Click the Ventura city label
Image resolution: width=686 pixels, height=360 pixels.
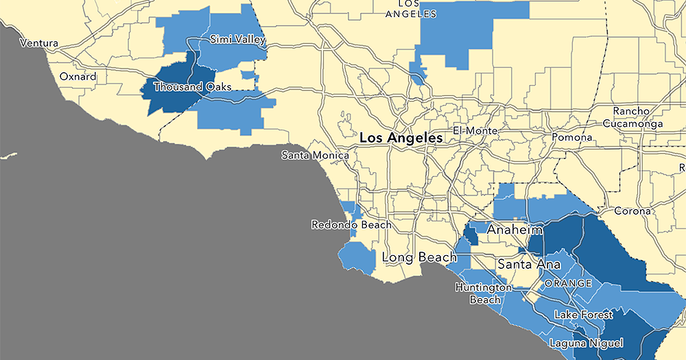click(39, 43)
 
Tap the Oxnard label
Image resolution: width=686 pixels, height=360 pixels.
click(78, 77)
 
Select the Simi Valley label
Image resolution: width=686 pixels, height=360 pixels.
click(237, 40)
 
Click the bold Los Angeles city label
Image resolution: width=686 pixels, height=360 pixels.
click(401, 138)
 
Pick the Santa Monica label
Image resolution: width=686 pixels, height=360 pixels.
click(315, 156)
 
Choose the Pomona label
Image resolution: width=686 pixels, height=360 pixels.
click(571, 137)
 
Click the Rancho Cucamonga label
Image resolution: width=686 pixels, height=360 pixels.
click(637, 117)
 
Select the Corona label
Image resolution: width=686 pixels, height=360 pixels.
click(632, 211)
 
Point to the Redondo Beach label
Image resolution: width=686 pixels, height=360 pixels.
click(351, 224)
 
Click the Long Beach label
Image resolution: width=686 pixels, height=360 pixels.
click(419, 258)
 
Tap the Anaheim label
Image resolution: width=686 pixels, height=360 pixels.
click(514, 230)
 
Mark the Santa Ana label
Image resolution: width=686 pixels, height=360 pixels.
click(525, 263)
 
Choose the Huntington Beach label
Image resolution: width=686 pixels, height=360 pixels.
click(483, 293)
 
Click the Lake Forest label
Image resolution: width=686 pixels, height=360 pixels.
click(583, 315)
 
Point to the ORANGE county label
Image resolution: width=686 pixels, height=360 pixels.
click(568, 283)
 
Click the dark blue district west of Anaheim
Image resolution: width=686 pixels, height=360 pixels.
click(471, 235)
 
